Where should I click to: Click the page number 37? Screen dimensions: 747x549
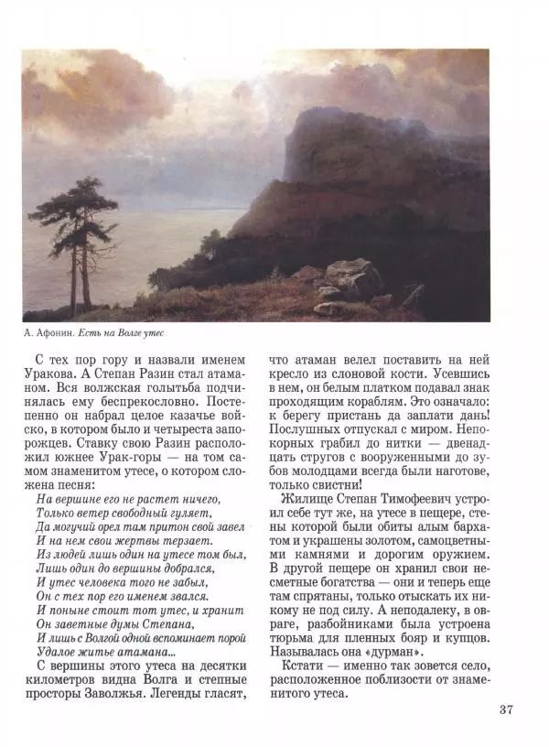[509, 709]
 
